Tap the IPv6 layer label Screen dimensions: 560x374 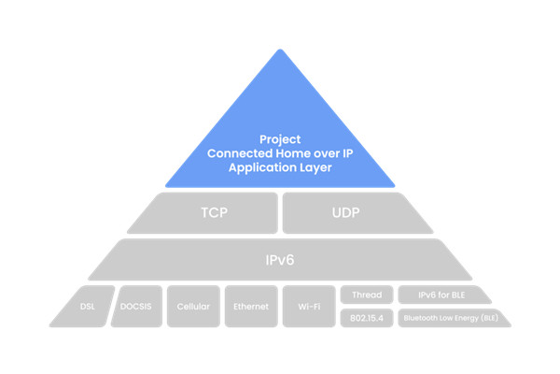[x=280, y=260]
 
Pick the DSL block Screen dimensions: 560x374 [x=84, y=307]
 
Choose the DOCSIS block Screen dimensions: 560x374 [x=136, y=307]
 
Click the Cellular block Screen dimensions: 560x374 [x=193, y=307]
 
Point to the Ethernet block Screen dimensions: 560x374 [x=251, y=307]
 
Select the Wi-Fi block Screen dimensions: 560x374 [x=309, y=307]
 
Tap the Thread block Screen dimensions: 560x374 [x=367, y=295]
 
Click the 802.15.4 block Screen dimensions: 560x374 [x=367, y=318]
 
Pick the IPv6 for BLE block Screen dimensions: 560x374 [x=442, y=295]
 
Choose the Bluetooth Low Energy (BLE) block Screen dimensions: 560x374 [x=453, y=318]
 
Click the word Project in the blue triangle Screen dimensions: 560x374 [x=280, y=139]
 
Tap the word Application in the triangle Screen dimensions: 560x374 [x=258, y=167]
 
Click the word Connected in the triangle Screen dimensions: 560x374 [x=240, y=153]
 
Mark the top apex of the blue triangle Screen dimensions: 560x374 [x=280, y=49]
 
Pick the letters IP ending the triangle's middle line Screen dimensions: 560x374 [x=347, y=153]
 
